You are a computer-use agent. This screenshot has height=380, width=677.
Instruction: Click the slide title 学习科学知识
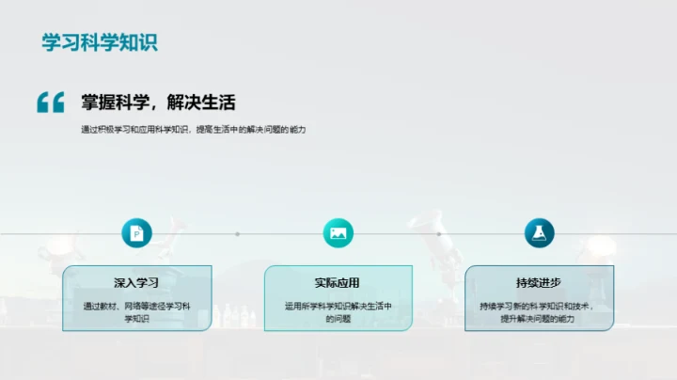pos(99,42)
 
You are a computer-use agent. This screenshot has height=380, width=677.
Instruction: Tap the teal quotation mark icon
pos(50,103)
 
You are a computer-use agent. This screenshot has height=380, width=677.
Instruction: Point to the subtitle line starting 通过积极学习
pos(194,130)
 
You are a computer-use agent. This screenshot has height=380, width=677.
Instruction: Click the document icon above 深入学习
pos(137,233)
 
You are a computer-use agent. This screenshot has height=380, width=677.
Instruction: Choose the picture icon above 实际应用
pos(338,233)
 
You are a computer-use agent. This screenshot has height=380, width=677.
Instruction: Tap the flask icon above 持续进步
pos(539,233)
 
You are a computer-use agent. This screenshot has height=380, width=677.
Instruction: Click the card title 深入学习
pos(137,282)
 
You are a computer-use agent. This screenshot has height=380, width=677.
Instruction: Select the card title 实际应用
pos(338,282)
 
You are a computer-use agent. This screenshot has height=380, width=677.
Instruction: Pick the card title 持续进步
pos(539,282)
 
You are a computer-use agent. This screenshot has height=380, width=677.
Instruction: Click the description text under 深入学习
pos(137,311)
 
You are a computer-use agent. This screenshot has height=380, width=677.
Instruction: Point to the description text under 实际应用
pos(338,311)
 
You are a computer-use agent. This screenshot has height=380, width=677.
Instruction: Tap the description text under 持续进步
pos(539,311)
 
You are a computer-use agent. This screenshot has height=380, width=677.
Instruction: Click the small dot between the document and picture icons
pos(237,233)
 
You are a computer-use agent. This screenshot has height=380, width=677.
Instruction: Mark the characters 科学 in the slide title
pos(99,42)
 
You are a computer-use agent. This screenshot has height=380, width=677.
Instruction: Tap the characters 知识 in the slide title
pos(137,42)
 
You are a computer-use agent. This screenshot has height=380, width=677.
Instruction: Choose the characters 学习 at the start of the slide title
pos(60,42)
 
